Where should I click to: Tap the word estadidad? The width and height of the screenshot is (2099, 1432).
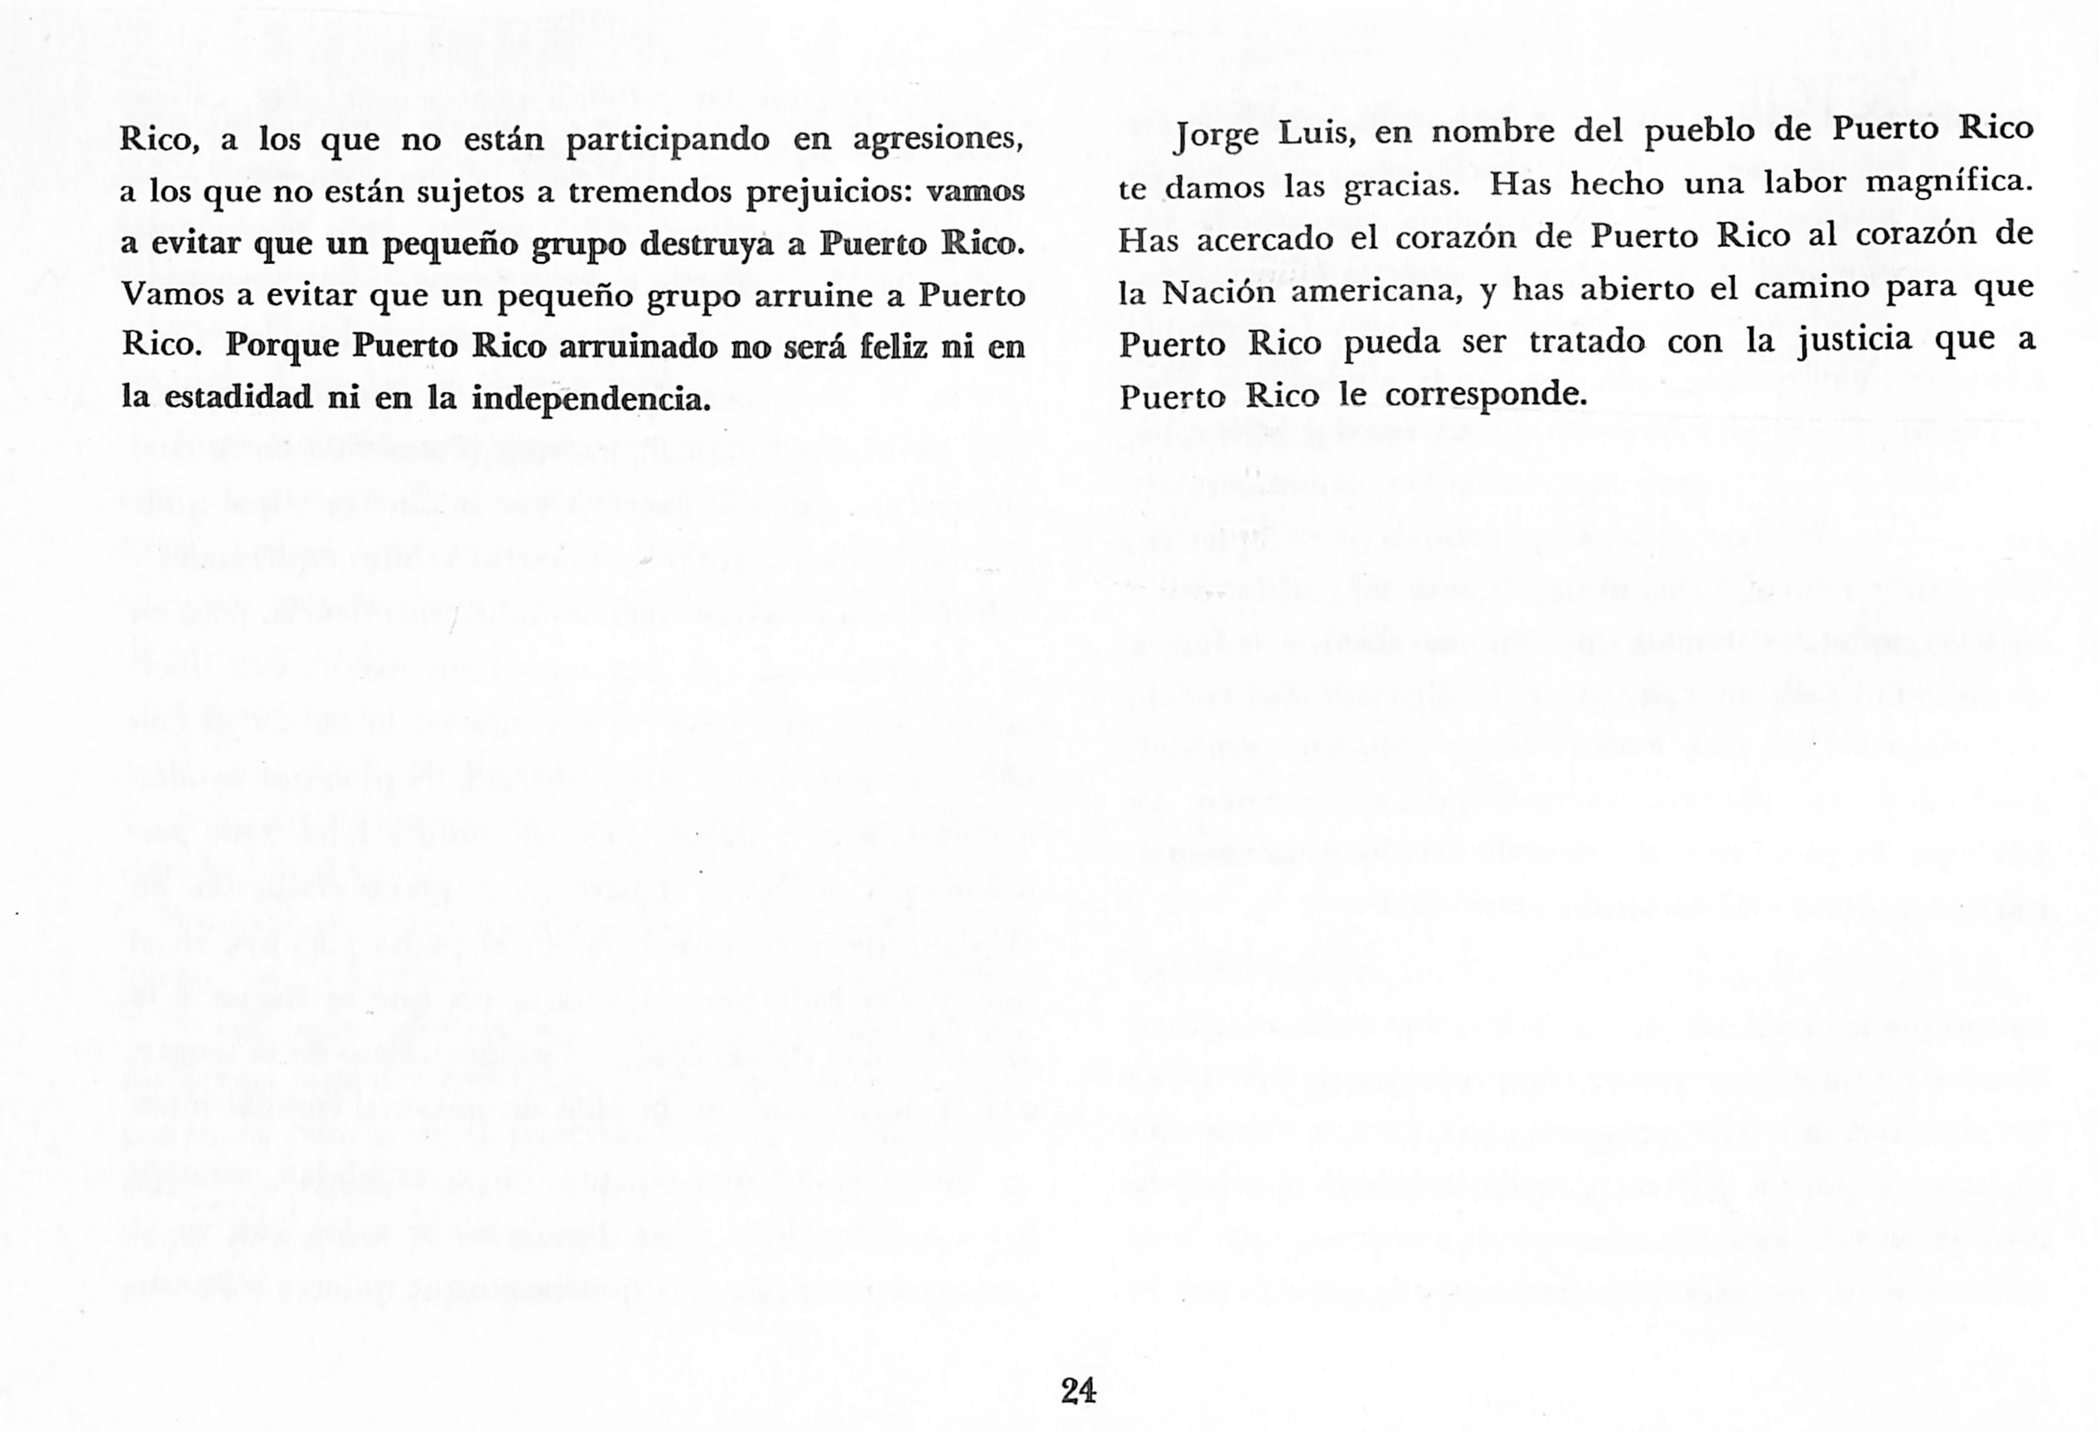[x=238, y=398]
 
